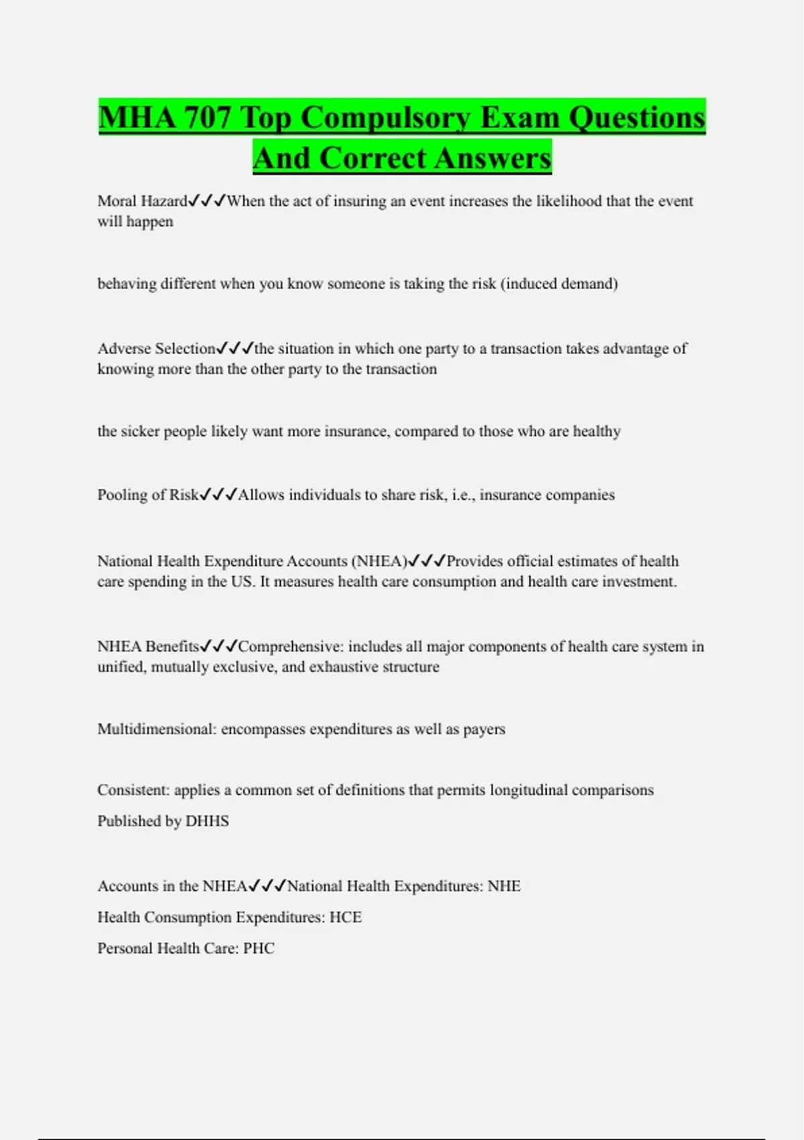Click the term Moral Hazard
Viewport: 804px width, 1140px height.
(142, 201)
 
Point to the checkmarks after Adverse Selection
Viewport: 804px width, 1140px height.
(235, 349)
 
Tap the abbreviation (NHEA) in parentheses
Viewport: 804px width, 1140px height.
(379, 561)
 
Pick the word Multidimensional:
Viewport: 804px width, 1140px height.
(157, 729)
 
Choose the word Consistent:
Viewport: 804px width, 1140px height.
(133, 790)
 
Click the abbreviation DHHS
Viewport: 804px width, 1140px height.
(207, 821)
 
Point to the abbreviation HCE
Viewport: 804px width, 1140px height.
(346, 917)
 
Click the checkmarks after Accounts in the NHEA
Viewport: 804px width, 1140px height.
(267, 886)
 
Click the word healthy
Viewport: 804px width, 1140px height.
(596, 431)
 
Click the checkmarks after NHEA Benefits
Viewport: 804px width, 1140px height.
(219, 646)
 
